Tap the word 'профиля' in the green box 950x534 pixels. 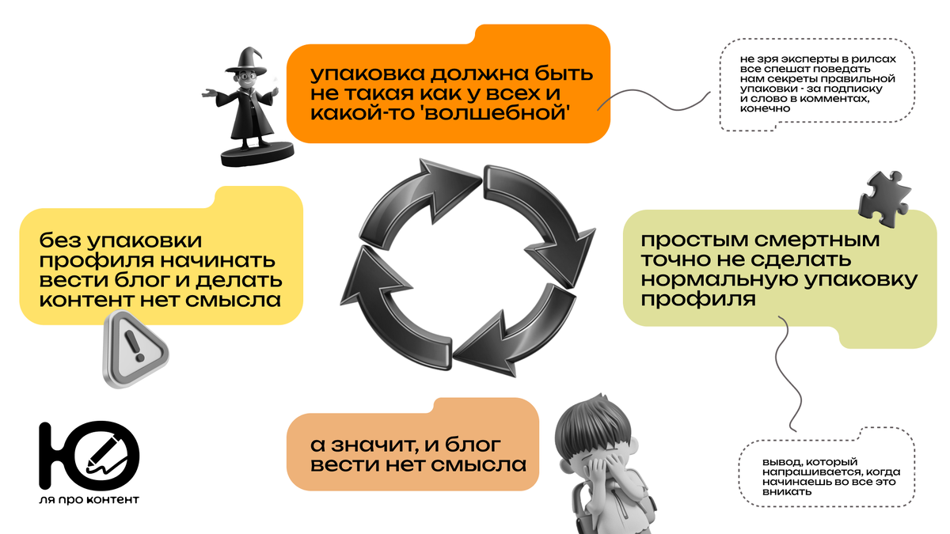pyautogui.click(x=687, y=301)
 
